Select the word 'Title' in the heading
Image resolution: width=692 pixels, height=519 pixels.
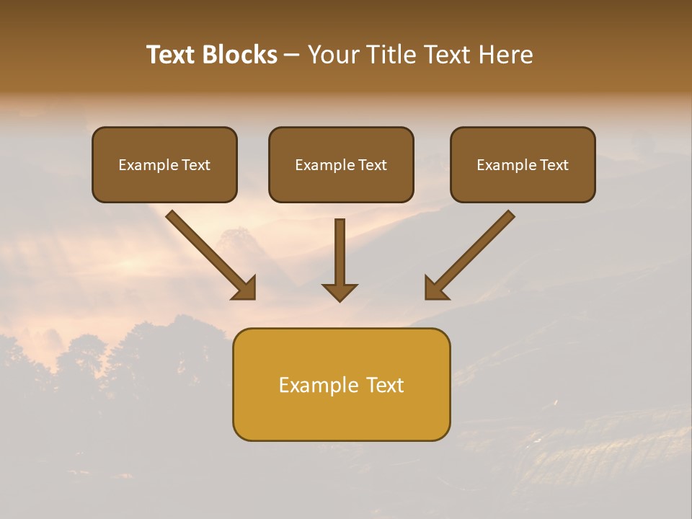[x=393, y=55]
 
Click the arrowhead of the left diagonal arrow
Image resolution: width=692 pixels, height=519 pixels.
[x=245, y=288]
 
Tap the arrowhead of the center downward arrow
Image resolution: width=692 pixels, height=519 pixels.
[x=340, y=292]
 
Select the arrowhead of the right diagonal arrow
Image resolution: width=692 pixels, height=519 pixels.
[x=435, y=288]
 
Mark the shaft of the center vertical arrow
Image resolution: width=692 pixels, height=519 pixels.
[x=340, y=249]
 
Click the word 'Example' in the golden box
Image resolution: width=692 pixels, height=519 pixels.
[x=318, y=385]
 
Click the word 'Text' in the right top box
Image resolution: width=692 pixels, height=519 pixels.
[x=554, y=165]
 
